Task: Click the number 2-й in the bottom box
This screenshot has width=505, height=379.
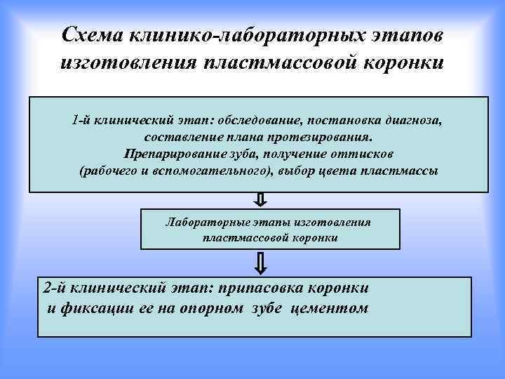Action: point(55,288)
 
